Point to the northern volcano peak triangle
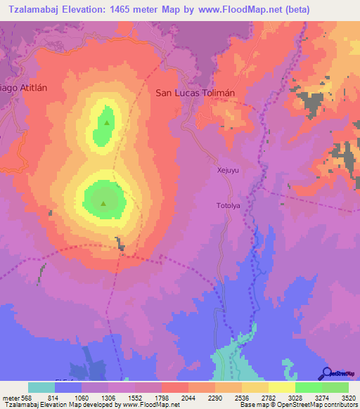(x=107, y=123)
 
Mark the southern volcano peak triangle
(x=103, y=204)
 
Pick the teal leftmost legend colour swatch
(x=41, y=387)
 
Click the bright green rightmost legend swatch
(x=335, y=387)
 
